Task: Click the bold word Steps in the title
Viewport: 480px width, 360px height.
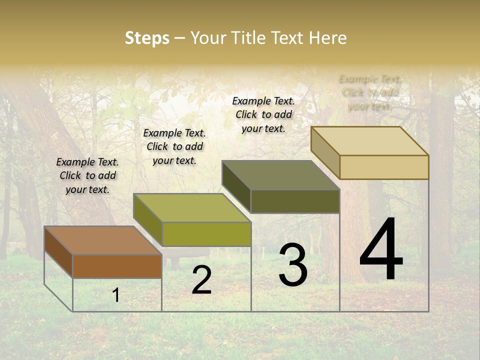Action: coord(147,38)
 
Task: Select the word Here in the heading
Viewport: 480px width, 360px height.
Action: coord(327,38)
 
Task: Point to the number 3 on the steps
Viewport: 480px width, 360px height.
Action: coord(292,265)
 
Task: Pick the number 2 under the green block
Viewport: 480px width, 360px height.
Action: coord(201,280)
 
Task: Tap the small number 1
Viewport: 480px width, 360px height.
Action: coord(116,295)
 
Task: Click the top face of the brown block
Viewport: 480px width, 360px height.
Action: coord(102,240)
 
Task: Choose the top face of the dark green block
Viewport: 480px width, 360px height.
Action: coord(280,175)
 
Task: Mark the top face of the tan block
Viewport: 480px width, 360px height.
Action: coord(369,141)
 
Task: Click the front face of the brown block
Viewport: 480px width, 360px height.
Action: coord(117,266)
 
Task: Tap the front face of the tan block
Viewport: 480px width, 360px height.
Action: coord(384,167)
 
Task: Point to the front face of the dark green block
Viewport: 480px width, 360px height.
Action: coord(295,201)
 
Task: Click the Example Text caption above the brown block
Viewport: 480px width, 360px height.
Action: coord(87,175)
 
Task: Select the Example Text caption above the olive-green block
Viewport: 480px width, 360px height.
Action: coord(174,146)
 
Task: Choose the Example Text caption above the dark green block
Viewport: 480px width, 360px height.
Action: coord(263,114)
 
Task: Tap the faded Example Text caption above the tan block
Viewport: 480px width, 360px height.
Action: coord(370,92)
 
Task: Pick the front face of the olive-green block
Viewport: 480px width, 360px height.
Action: coord(206,234)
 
